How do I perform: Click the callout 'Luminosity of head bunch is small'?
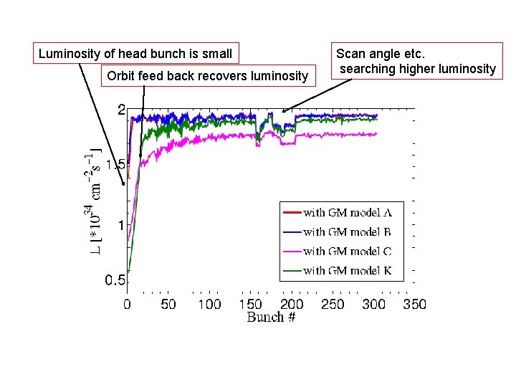[x=135, y=54]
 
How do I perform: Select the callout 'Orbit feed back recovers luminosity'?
[x=207, y=75]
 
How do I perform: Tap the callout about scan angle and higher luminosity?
[x=416, y=62]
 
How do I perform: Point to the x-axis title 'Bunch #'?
[x=271, y=317]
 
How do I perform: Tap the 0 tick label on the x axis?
[x=127, y=304]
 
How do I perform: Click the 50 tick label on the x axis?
[x=168, y=304]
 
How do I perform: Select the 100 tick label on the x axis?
[x=209, y=304]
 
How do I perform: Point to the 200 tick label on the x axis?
[x=292, y=304]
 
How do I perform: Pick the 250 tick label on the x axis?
[x=333, y=304]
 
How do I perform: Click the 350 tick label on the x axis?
[x=414, y=304]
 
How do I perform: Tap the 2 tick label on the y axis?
[x=121, y=110]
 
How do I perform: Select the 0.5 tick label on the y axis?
[x=115, y=281]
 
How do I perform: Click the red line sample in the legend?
[x=292, y=212]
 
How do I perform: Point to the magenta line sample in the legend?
[x=292, y=251]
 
